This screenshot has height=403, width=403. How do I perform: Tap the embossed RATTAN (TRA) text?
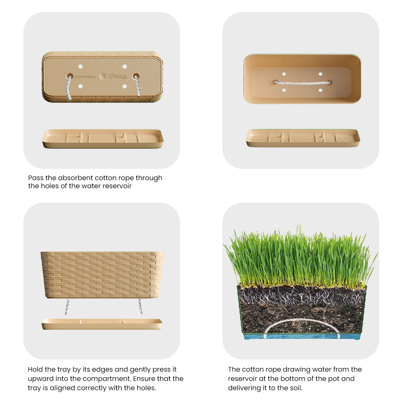[85, 76]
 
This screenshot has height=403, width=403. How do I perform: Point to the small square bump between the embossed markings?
[102, 76]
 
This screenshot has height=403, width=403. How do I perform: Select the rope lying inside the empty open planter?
[302, 82]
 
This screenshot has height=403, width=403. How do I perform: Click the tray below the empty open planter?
[303, 138]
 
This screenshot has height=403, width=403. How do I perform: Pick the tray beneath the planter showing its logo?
[103, 138]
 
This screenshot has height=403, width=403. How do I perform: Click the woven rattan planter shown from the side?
[102, 274]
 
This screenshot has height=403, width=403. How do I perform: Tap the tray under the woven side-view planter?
[102, 324]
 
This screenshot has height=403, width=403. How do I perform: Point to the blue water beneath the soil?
[302, 336]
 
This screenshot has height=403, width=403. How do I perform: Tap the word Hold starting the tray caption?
[35, 369]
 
